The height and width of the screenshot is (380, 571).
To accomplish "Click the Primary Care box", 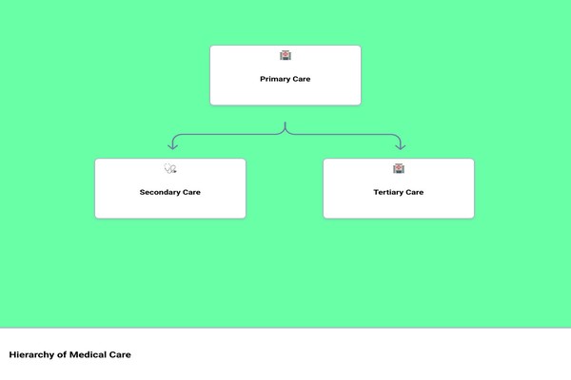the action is coord(285,75).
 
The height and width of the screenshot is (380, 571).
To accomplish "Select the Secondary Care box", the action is coord(170,188).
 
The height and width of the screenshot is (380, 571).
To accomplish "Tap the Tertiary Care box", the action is coord(399,188).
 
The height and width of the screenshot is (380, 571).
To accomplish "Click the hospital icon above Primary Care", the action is coord(285,55).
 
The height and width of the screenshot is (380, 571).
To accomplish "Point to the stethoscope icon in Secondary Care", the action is coord(170,168).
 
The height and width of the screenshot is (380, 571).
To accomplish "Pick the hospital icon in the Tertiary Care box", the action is coord(399,168).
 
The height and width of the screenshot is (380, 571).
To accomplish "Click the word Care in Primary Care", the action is coord(302,79).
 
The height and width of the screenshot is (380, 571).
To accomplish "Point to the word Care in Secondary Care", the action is coord(191,192).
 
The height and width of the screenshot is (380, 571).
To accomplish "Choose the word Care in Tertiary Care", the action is coord(414,192).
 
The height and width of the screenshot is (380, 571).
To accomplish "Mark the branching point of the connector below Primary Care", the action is coord(285,133).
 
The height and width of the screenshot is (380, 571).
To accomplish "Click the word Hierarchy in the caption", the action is coord(31,355).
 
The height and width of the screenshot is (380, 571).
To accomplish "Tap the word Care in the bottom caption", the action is coord(120,354).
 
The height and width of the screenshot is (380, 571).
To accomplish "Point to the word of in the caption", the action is coord(62,354).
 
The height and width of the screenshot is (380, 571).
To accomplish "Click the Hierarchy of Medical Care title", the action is coord(69,355).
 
